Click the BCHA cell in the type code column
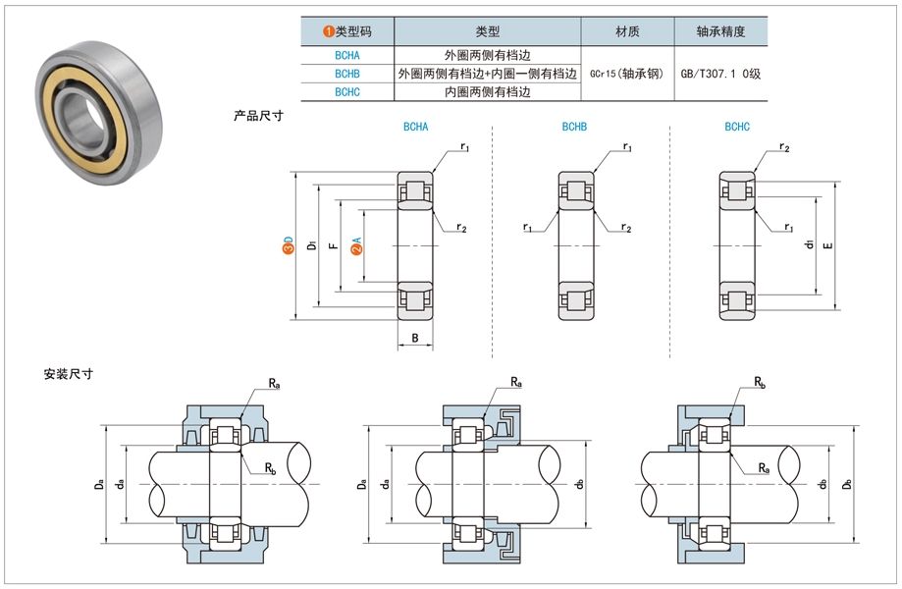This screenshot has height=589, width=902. tap(346, 55)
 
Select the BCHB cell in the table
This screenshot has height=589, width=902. tap(346, 74)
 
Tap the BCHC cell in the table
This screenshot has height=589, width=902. tap(346, 92)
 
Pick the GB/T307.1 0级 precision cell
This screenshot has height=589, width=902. tap(720, 74)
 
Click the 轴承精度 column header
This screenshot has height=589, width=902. tap(720, 31)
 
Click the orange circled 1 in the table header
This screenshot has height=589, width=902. tap(329, 31)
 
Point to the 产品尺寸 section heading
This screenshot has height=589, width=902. tap(258, 116)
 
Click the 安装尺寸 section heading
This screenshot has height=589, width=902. tap(68, 374)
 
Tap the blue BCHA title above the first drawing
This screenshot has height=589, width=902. tap(415, 128)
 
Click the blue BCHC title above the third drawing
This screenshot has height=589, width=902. tap(737, 128)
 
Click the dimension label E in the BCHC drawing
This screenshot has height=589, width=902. tap(827, 245)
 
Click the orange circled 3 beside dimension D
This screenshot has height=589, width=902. tap(288, 250)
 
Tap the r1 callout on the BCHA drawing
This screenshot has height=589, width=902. tap(464, 147)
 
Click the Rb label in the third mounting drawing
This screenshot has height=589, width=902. tap(761, 381)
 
